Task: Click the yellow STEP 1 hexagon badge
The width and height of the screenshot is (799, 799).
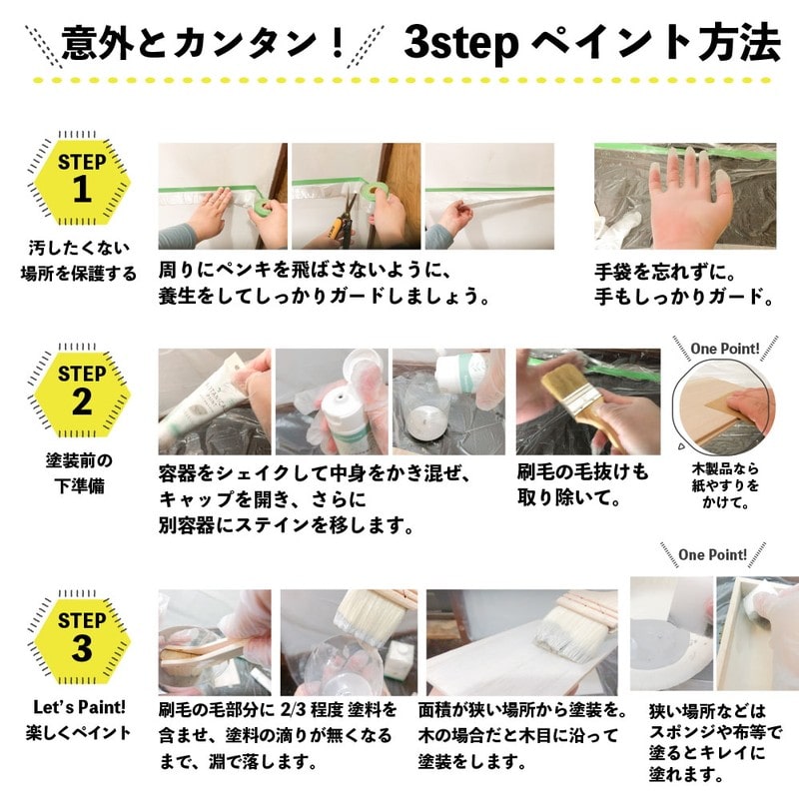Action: click(x=82, y=178)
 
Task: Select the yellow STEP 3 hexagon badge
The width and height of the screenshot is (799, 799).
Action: click(x=82, y=636)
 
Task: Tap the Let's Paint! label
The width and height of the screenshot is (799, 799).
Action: click(x=80, y=707)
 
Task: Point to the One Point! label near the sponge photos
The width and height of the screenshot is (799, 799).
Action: click(x=712, y=554)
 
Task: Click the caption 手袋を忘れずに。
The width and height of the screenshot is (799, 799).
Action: click(x=663, y=271)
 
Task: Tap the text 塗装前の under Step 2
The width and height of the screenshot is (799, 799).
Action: click(x=80, y=462)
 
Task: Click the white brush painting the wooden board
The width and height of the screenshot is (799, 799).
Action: click(x=569, y=624)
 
